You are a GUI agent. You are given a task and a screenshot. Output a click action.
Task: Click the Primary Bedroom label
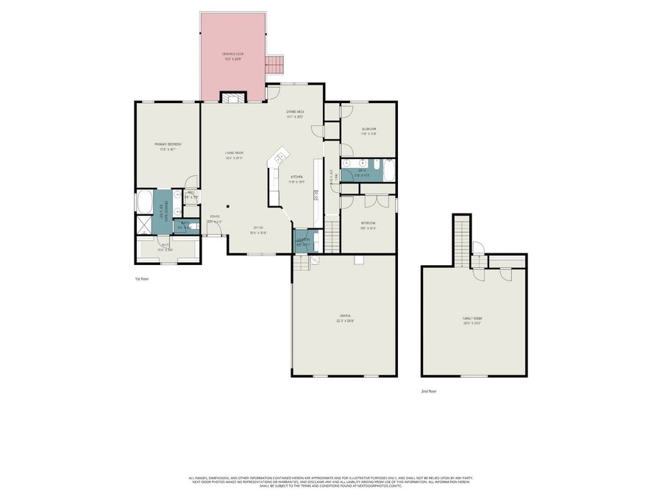coord(168,145)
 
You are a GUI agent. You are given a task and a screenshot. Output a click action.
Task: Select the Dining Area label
coord(295,113)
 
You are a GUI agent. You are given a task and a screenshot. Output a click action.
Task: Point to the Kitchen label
coord(296,177)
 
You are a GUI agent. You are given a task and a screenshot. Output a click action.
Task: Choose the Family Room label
coord(471,320)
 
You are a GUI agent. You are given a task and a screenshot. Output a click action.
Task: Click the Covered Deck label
coord(233,57)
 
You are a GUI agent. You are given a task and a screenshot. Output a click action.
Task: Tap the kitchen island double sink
coord(280,156)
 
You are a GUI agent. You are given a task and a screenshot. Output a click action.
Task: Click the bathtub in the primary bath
coord(143,201)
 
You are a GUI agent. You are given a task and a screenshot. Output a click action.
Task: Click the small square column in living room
coord(228,207)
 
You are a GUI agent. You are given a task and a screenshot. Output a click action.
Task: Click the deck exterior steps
coord(274,66)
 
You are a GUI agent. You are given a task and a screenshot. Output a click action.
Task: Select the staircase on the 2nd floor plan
coord(461,239)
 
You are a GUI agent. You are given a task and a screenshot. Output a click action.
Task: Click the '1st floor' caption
coord(142,279)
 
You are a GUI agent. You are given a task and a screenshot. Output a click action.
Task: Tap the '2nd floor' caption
coord(429,391)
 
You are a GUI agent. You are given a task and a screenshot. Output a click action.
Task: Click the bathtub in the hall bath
coord(388,171)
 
